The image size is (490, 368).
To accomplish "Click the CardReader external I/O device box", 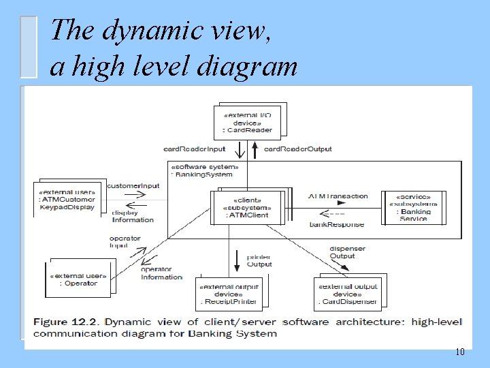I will pos(248,121).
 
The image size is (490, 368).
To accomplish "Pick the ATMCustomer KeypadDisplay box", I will pos(67,198).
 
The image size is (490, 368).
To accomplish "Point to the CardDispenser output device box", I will pos(347,293).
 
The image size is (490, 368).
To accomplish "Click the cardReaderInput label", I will pos(195,149).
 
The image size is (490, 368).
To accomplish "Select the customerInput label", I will pos(133,185).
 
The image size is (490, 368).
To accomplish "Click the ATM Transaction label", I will pos(338,196).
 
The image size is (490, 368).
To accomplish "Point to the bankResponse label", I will pos(336,224).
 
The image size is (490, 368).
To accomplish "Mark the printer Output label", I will pos(259,261).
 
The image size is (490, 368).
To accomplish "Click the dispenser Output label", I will pos(347,252).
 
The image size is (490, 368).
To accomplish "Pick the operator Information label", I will pos(161,273).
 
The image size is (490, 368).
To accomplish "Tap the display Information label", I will pos(133,216).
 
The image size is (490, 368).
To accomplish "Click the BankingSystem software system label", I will pos(204,170).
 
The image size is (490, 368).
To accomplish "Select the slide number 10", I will pos(460,352).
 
